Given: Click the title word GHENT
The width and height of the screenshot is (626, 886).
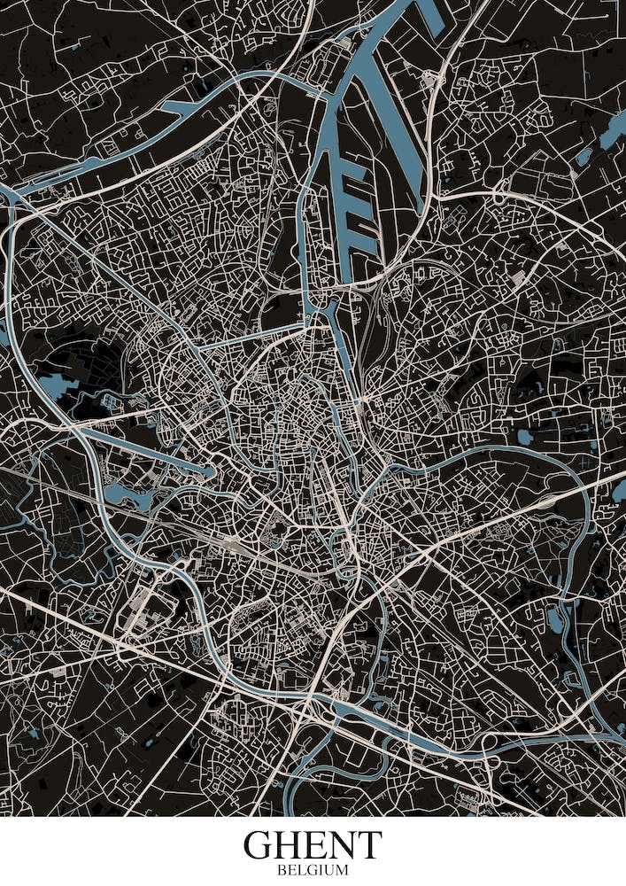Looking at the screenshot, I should [313, 845].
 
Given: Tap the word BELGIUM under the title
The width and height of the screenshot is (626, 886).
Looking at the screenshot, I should [313, 871].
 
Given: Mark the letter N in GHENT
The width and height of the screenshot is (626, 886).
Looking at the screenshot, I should [343, 845].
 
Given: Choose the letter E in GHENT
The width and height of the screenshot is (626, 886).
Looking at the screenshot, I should [318, 845].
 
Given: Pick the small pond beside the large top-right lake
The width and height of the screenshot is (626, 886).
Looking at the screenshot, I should [583, 157].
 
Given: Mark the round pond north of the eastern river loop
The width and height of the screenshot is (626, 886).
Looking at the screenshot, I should [525, 436].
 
